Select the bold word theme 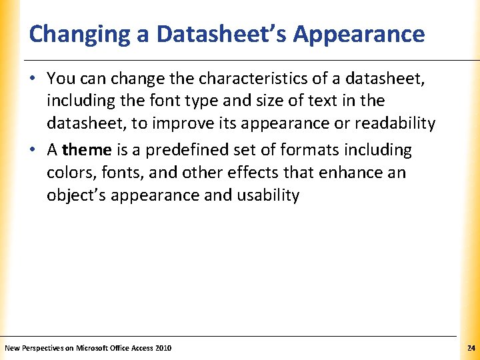pos(86,150)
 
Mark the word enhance pos(351,173)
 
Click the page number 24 pos(471,348)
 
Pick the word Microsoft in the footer pos(94,348)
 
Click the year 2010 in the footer pos(163,348)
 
